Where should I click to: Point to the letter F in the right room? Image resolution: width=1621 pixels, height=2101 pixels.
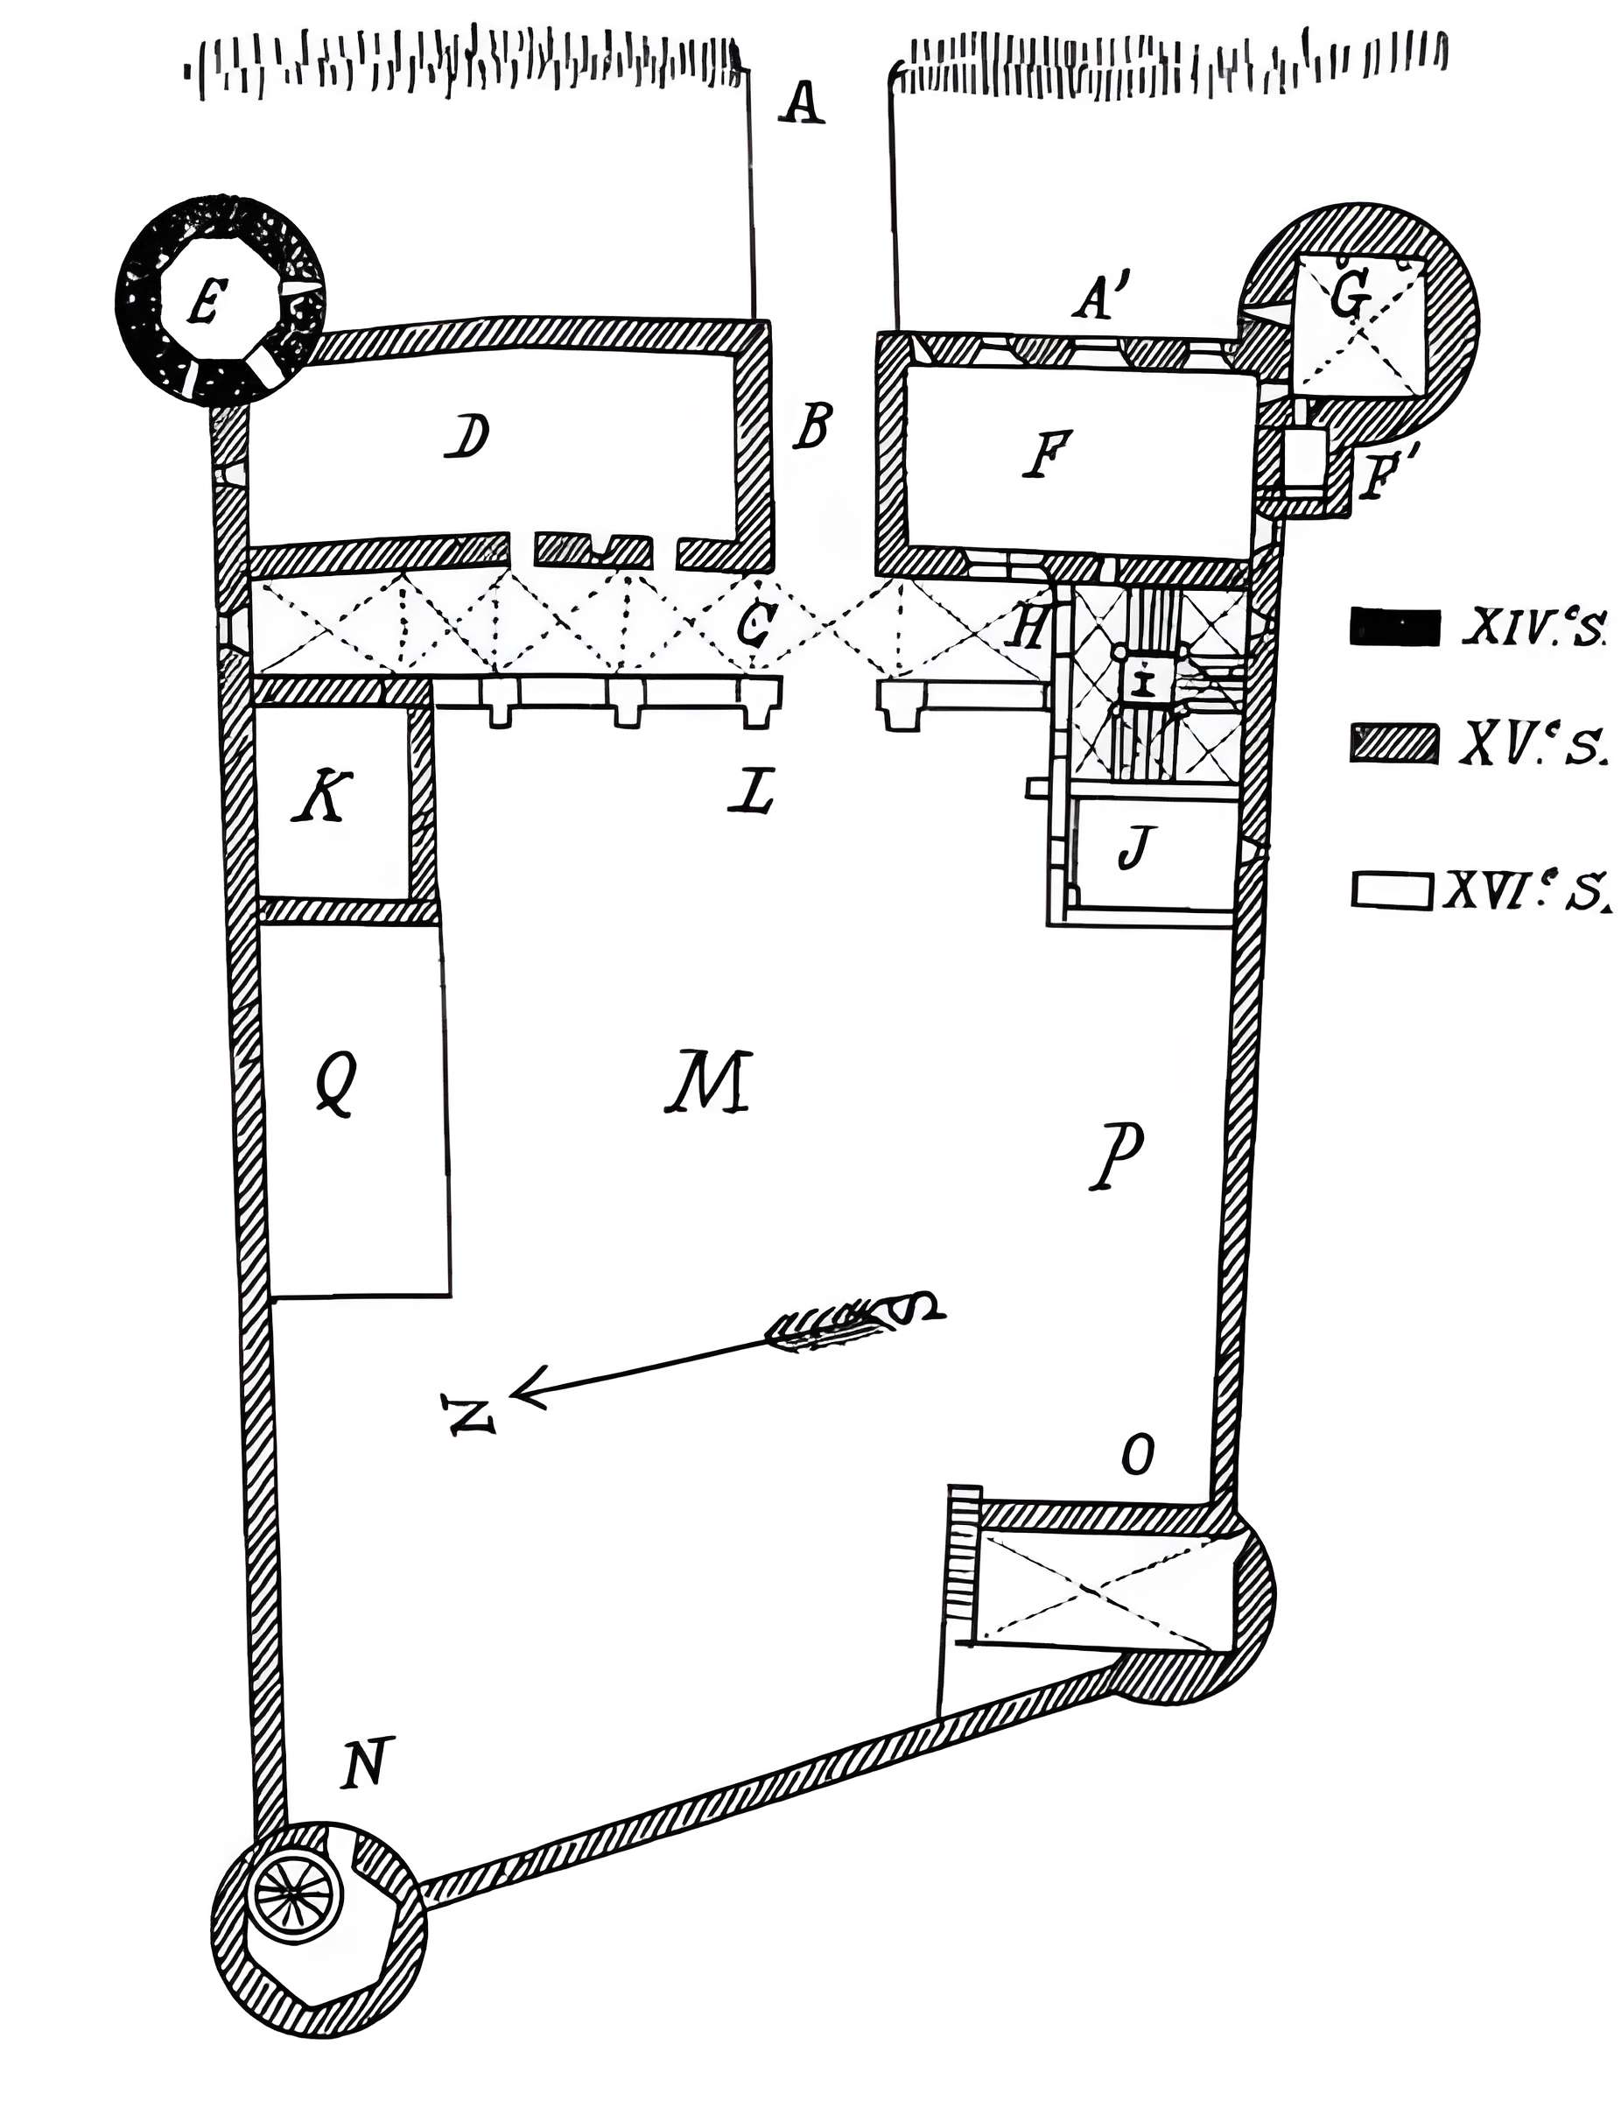[1046, 454]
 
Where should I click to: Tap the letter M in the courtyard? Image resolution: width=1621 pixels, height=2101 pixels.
[709, 1081]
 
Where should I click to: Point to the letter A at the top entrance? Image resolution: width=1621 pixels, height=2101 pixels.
[802, 104]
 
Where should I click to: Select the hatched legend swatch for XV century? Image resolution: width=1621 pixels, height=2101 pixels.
[1394, 743]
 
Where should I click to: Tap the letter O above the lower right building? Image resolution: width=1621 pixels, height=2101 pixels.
[1137, 1458]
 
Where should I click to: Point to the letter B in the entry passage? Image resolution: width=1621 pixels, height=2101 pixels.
[811, 425]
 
